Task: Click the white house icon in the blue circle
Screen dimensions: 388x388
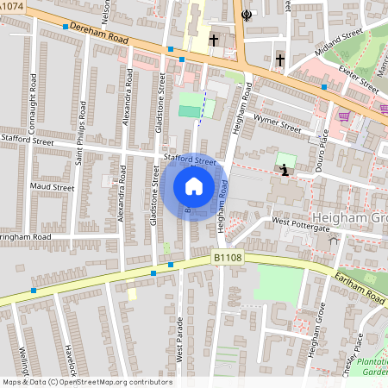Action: pyautogui.click(x=194, y=185)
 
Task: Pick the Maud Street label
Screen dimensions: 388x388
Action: pyautogui.click(x=52, y=186)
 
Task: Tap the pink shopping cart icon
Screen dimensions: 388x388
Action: pyautogui.click(x=344, y=116)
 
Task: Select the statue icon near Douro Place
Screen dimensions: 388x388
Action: pyautogui.click(x=285, y=169)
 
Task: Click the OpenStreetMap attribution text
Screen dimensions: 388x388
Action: pyautogui.click(x=87, y=382)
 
